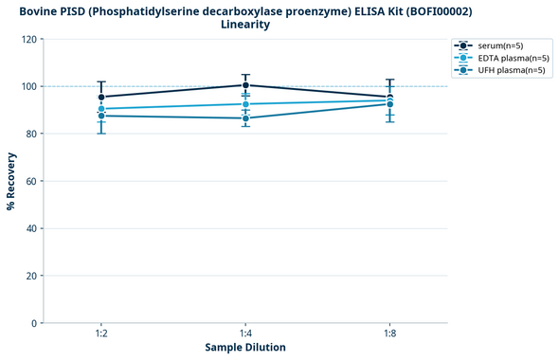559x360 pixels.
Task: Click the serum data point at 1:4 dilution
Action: pyautogui.click(x=245, y=85)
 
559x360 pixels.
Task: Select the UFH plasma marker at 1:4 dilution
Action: pyautogui.click(x=245, y=118)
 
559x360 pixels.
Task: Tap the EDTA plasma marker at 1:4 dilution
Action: pyautogui.click(x=245, y=104)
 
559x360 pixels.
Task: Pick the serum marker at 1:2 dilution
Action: pyautogui.click(x=101, y=97)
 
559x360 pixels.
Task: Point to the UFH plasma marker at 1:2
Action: pyautogui.click(x=101, y=116)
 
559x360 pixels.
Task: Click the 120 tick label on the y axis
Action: pyautogui.click(x=28, y=39)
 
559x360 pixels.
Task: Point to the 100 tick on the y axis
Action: pyautogui.click(x=28, y=86)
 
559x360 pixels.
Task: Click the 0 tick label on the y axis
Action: pyautogui.click(x=34, y=323)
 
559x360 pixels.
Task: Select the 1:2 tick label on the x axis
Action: pyautogui.click(x=101, y=334)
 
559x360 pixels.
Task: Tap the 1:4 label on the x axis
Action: pyautogui.click(x=245, y=334)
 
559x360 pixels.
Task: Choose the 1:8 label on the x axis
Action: pyautogui.click(x=390, y=334)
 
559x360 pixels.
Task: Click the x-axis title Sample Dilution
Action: pyautogui.click(x=245, y=348)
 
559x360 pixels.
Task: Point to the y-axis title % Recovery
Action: pyautogui.click(x=11, y=181)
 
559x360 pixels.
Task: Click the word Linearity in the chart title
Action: pyautogui.click(x=245, y=25)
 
